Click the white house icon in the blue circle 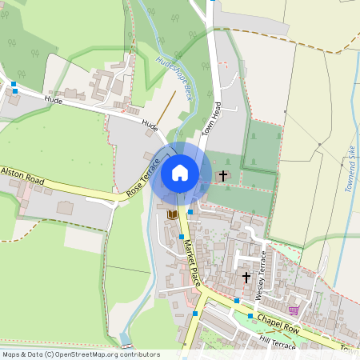point(180,172)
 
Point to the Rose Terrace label point(143,177)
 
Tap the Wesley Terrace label point(259,275)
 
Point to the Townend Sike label point(350,168)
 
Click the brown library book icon point(172,214)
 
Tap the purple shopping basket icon point(294,310)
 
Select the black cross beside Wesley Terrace point(246,277)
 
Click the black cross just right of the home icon point(222,174)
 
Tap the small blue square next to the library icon point(190,212)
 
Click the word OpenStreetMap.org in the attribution point(87,354)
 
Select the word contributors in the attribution point(138,354)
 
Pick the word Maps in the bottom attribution point(11,354)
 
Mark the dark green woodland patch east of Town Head point(262,144)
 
